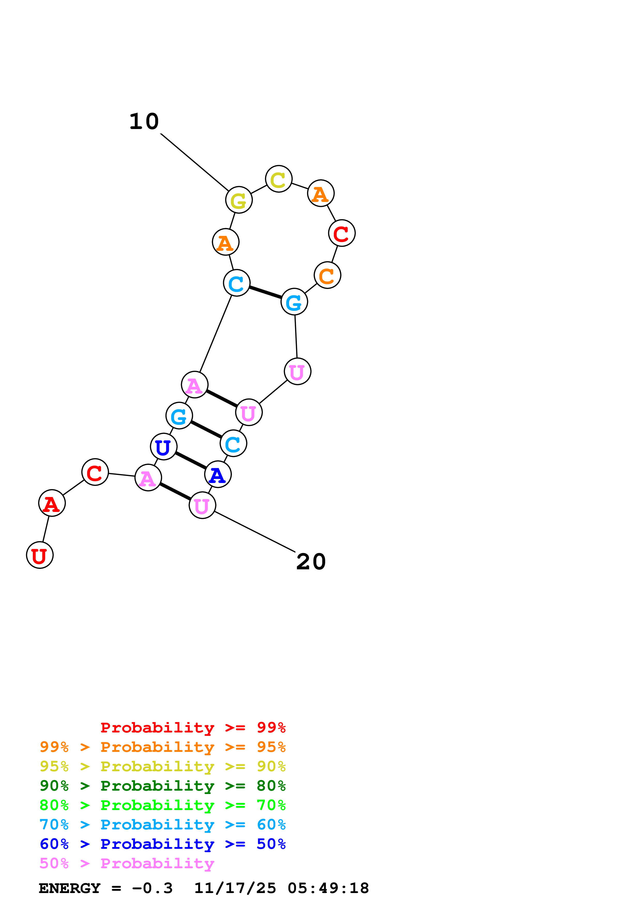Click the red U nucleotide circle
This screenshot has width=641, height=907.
tap(40, 555)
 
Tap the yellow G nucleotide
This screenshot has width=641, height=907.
tap(239, 200)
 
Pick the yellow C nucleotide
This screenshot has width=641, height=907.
tap(278, 179)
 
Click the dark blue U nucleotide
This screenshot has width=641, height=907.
tap(163, 447)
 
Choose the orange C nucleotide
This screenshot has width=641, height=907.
tap(327, 275)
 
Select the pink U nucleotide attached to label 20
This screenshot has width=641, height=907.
tap(202, 505)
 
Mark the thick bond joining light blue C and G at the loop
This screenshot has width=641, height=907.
tap(265, 292)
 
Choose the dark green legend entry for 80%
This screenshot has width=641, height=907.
tap(162, 786)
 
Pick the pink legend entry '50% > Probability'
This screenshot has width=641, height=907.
tap(126, 864)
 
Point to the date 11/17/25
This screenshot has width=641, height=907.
tap(235, 888)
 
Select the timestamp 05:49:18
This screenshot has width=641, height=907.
tap(328, 888)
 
